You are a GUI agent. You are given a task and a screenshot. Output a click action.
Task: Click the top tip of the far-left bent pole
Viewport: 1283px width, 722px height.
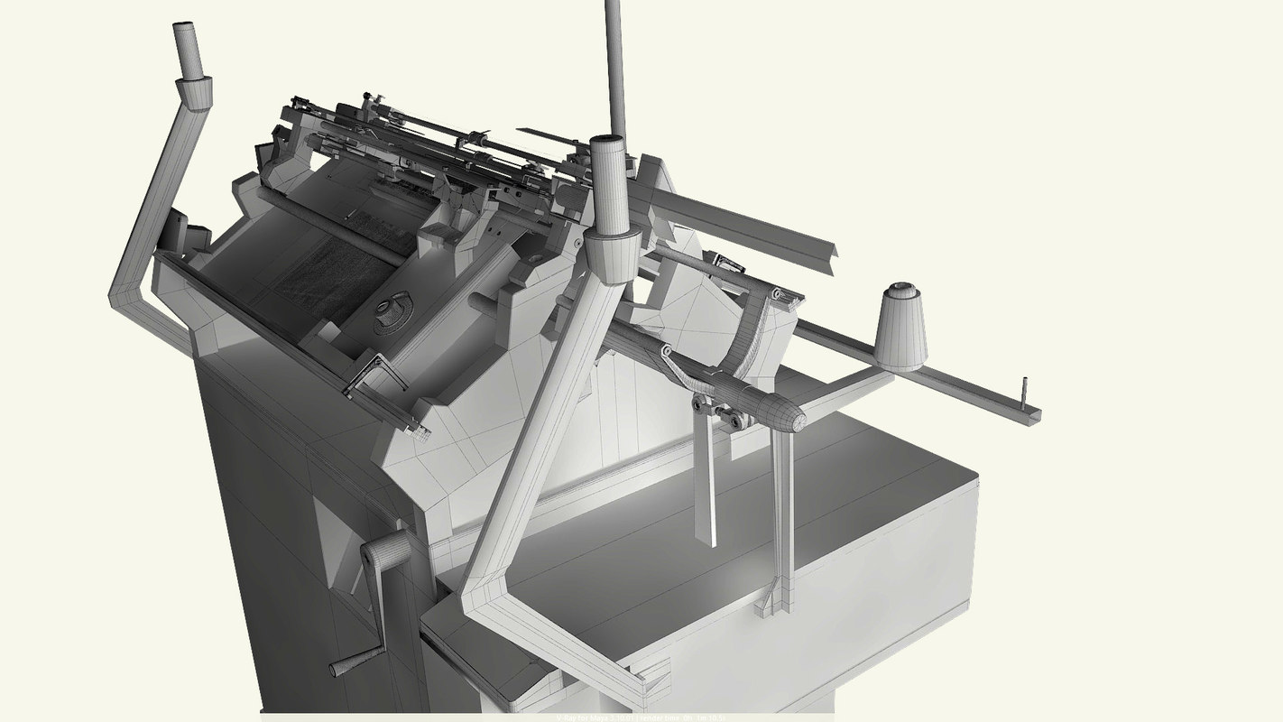tap(187, 27)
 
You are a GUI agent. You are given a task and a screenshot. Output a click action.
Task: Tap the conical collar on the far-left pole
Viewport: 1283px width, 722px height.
tap(192, 93)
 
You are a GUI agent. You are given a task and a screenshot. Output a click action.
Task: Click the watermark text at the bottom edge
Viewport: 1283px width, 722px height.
tap(641, 717)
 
